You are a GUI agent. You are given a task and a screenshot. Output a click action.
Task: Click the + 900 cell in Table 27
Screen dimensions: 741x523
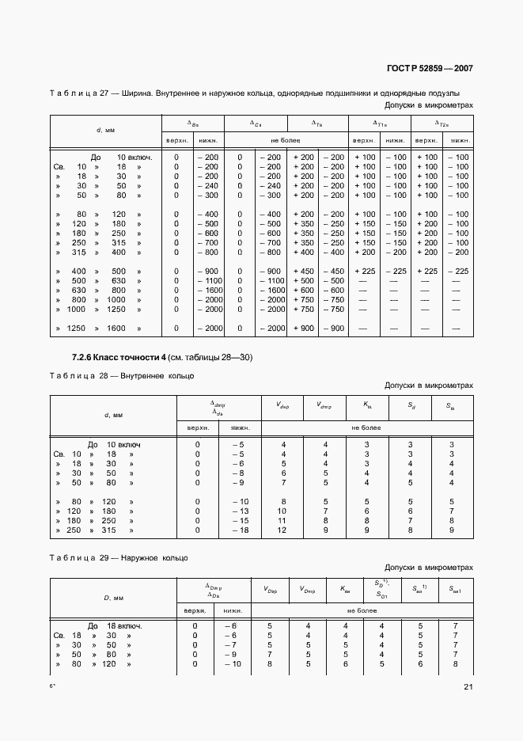[305, 328]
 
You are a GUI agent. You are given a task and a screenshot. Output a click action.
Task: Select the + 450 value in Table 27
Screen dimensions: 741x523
[305, 271]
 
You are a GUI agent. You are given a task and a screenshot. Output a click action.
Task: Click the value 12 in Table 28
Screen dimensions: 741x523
[282, 529]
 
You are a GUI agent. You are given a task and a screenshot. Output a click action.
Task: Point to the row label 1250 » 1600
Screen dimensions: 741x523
[99, 328]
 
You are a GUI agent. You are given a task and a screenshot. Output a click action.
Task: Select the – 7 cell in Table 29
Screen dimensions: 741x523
[230, 644]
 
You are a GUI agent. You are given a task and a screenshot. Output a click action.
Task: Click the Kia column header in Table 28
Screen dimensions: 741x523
[366, 405]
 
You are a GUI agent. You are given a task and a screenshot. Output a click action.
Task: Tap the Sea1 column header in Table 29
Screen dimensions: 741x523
[453, 589]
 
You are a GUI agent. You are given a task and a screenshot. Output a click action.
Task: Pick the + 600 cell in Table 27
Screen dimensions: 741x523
[305, 290]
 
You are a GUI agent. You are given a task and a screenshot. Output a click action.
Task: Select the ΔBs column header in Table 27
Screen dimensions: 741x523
[192, 123]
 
